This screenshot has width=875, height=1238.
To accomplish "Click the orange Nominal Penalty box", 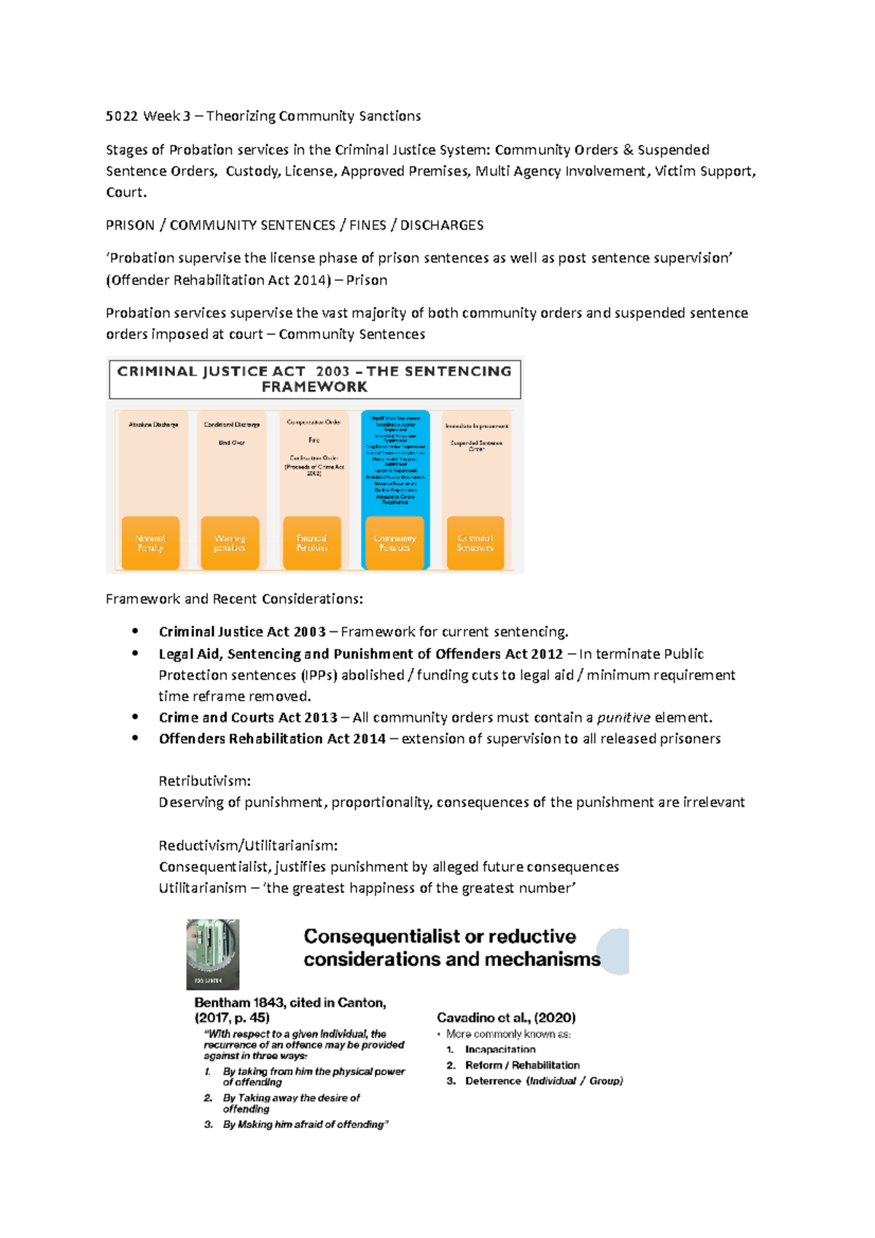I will (150, 543).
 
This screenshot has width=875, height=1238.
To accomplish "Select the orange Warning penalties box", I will (230, 543).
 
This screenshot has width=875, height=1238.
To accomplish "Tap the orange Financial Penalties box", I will (311, 543).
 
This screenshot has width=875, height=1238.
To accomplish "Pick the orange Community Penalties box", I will (394, 543).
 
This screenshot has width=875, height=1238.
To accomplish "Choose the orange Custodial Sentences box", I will (475, 543).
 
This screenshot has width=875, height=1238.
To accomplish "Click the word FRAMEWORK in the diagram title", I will (314, 387).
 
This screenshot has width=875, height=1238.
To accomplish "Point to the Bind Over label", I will (232, 443).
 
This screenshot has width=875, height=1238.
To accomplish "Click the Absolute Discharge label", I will (153, 424).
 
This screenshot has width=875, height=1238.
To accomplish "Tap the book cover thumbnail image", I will (213, 954).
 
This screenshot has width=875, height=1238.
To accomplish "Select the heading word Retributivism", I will (203, 781).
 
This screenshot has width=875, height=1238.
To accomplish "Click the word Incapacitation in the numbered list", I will (500, 1050).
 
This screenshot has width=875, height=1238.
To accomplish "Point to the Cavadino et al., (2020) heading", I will (506, 1018).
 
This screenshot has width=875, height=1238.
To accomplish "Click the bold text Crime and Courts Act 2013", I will (248, 717).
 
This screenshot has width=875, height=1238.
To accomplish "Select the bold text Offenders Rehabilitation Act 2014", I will (272, 739).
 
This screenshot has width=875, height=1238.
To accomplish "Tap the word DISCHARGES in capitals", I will (442, 225).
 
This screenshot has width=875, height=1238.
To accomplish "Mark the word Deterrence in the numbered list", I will (493, 1081).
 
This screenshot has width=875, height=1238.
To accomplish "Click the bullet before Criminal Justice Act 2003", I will (135, 631).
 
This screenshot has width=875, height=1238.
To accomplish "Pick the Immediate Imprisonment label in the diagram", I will (477, 426).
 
